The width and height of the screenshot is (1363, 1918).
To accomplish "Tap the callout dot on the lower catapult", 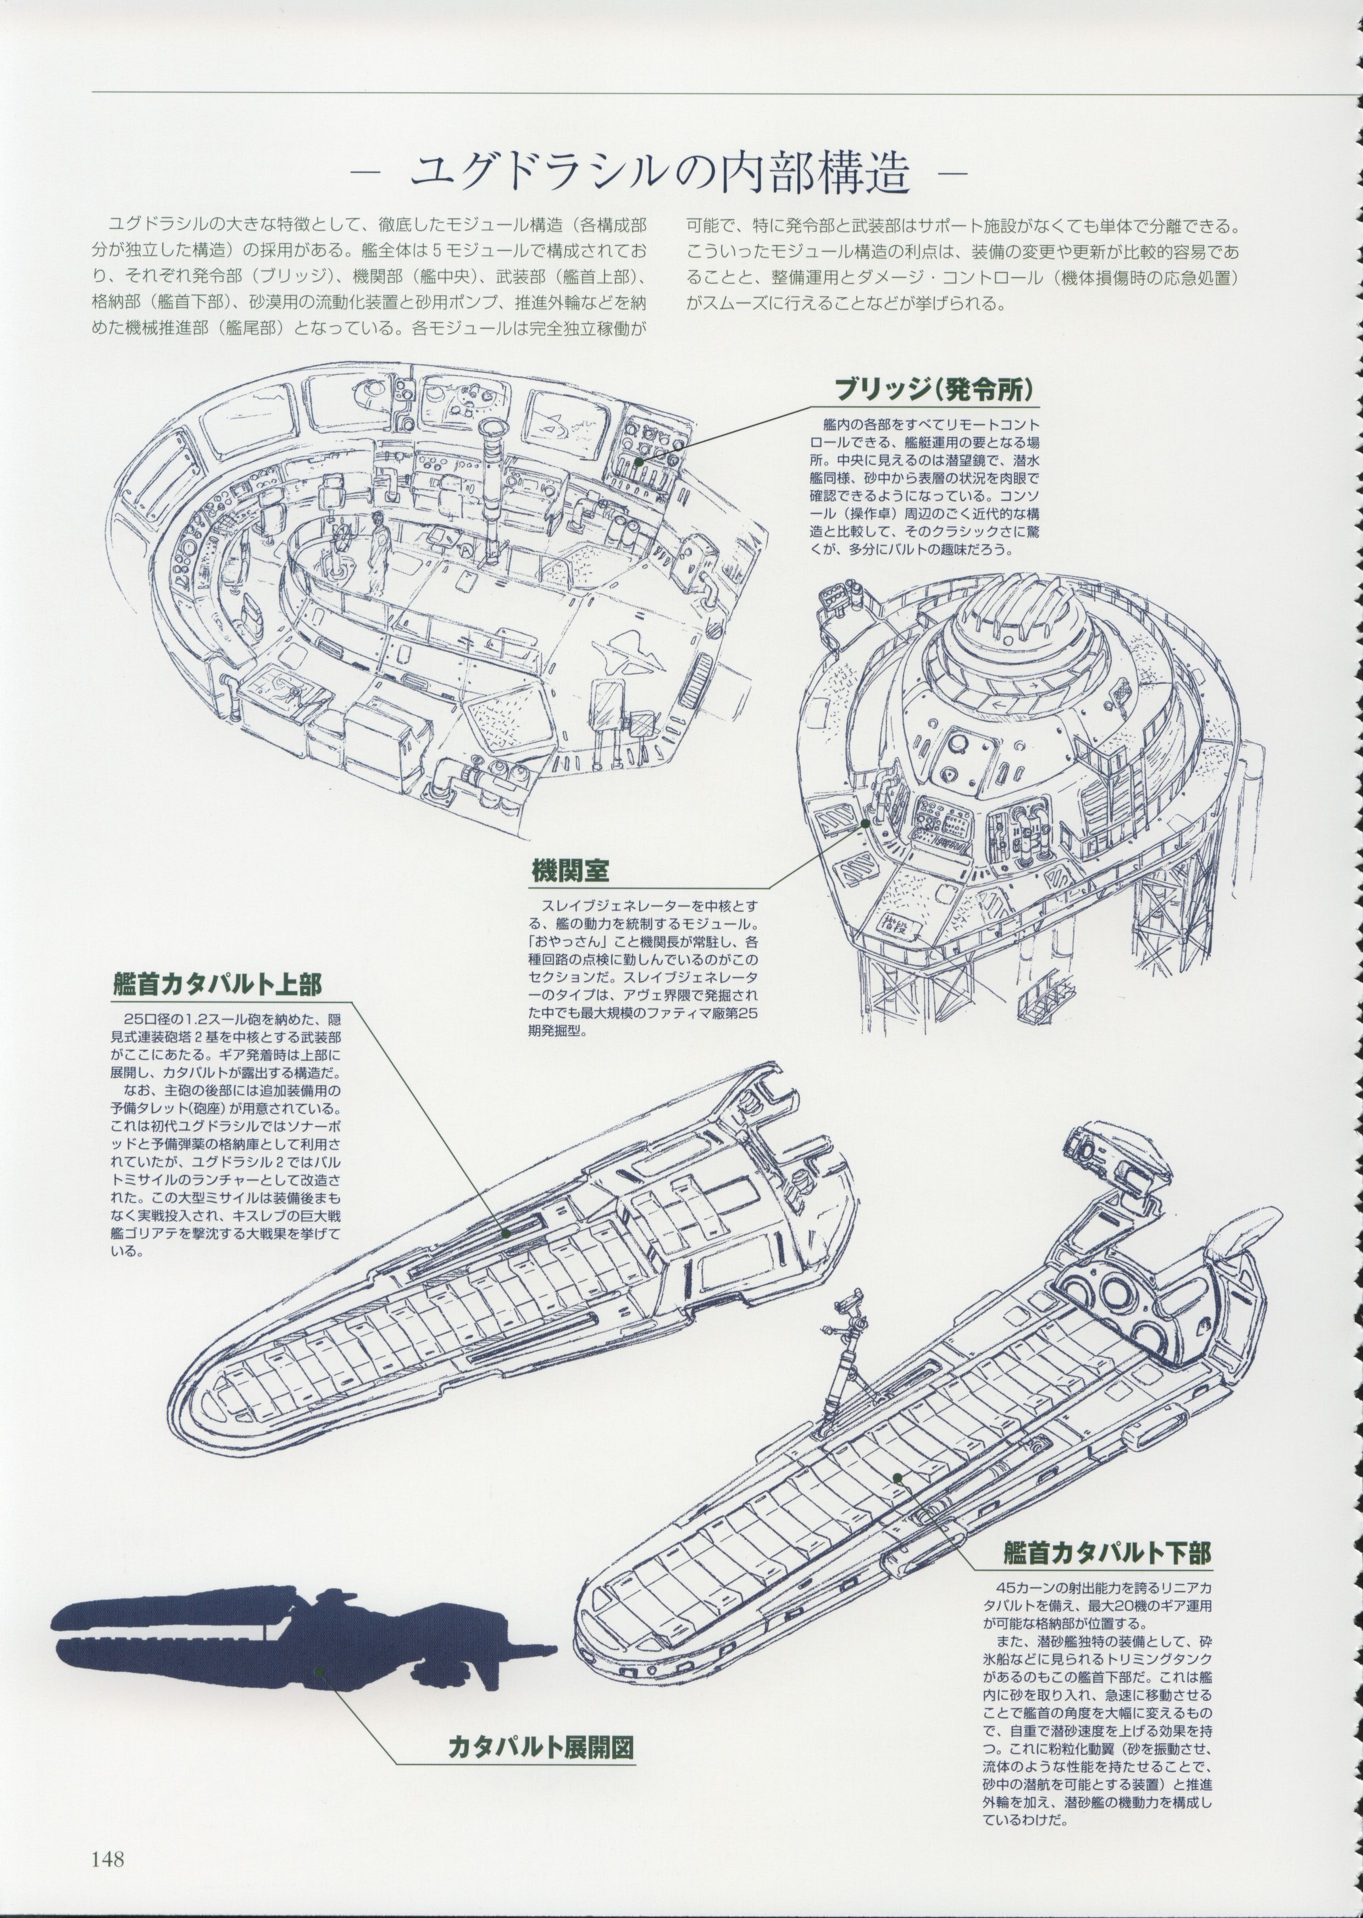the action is click(897, 1477).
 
